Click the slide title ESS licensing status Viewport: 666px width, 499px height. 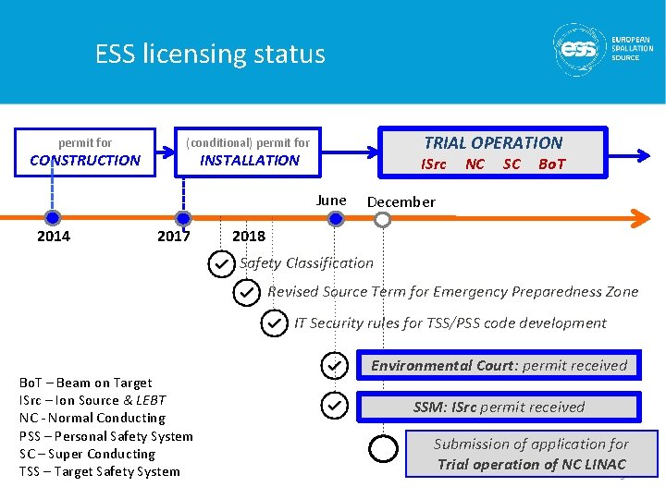point(210,55)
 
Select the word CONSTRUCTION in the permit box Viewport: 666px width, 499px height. point(85,160)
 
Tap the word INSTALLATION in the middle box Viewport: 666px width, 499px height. point(250,160)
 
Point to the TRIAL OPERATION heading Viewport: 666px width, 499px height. point(493,142)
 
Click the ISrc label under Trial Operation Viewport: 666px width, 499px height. point(433,164)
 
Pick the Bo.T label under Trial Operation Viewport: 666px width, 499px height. point(551,164)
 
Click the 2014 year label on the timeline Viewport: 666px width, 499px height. point(54,237)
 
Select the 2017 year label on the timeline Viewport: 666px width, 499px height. point(174,237)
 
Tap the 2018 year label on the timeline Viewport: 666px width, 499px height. point(249,237)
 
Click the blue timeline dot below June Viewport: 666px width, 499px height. point(336,219)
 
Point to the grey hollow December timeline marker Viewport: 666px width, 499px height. point(382,219)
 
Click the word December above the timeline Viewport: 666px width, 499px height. point(401,202)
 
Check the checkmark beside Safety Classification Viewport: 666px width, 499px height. point(221,264)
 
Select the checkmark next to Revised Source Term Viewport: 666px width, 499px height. point(247,293)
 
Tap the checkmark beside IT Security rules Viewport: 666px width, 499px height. point(274,323)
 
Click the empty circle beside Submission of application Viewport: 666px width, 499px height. point(382,449)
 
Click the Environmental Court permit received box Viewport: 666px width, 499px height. point(499,366)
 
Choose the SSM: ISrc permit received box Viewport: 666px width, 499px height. point(499,408)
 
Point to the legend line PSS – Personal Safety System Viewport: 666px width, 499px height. point(105,436)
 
